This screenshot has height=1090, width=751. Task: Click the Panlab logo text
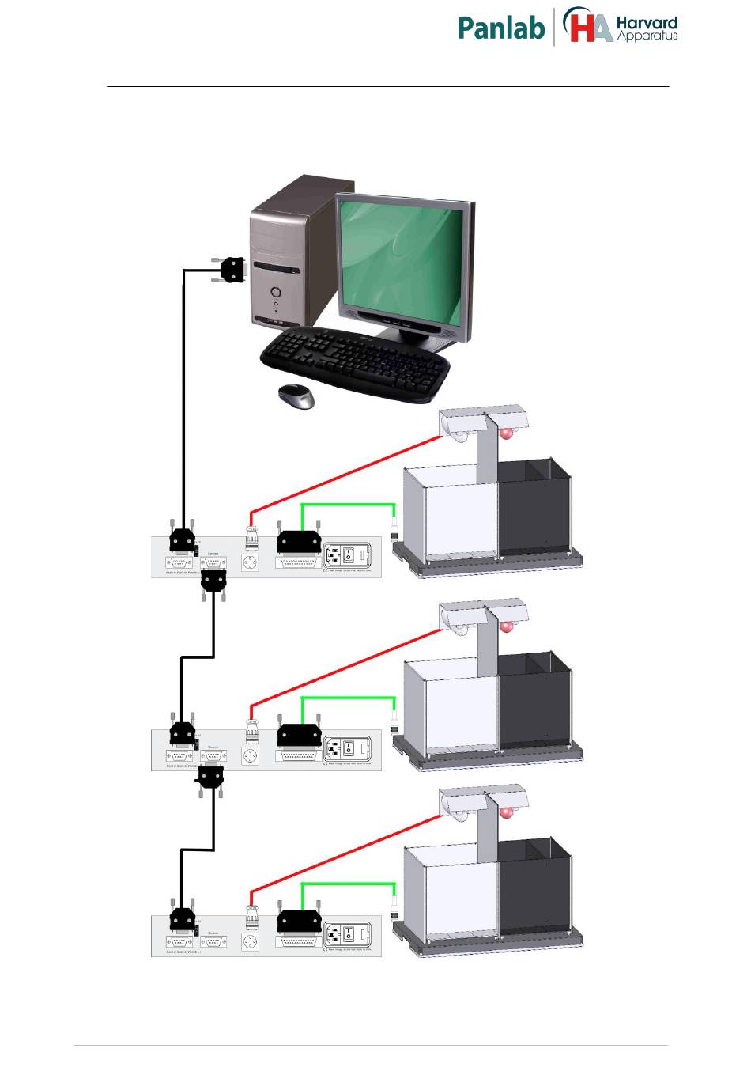tap(501, 28)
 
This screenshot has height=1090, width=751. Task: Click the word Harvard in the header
tap(647, 23)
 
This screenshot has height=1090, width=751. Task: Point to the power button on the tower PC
tap(276, 291)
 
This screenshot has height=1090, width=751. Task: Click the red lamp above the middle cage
tap(507, 626)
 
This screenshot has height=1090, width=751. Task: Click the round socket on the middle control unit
tap(251, 755)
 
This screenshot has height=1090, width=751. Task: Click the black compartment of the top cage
tap(534, 514)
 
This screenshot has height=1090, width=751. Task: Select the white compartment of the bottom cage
tap(451, 894)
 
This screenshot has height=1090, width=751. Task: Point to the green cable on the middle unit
tap(348, 698)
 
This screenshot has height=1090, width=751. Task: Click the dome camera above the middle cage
tap(459, 630)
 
